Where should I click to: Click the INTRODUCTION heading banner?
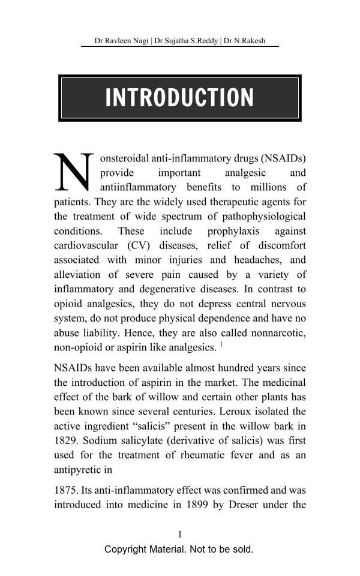179,98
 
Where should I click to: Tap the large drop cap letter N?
74,172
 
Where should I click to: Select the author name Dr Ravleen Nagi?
122,41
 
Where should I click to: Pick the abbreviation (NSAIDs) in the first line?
283,158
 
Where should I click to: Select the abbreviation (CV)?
140,245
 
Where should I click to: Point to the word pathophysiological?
265,217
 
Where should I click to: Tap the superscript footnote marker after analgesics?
221,344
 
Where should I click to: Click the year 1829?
66,440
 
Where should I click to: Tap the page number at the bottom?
179,534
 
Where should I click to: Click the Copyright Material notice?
179,549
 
